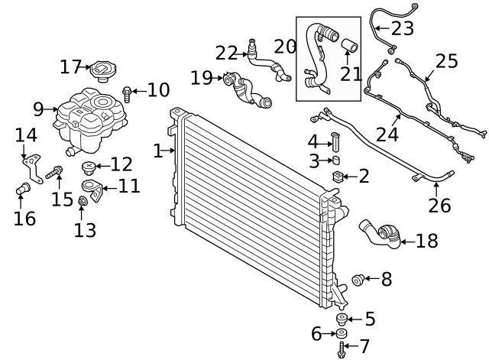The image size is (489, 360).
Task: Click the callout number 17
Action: point(70,67)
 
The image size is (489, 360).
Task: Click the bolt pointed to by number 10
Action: point(127,92)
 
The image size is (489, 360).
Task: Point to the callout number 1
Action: point(157,151)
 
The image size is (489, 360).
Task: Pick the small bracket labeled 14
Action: point(29,163)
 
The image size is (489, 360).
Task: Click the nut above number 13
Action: point(83,202)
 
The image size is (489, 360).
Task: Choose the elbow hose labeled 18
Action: point(381,234)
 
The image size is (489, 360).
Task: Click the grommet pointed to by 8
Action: point(356,280)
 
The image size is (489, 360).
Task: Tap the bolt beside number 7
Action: point(341,349)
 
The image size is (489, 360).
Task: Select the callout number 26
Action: point(439,206)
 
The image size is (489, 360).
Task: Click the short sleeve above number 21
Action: point(348,48)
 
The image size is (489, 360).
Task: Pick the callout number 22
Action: point(226,53)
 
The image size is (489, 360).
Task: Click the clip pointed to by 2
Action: point(336,177)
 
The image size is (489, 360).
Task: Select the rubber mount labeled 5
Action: point(342,319)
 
